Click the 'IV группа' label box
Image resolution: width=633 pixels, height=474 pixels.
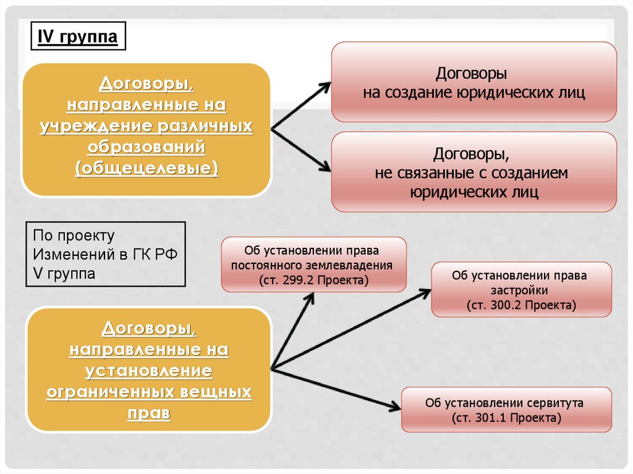tap(78, 37)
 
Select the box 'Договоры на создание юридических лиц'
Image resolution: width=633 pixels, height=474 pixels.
tap(474, 82)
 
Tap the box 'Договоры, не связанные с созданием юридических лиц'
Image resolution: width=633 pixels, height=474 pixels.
tap(474, 172)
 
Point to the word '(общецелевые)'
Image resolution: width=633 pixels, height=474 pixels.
tap(147, 169)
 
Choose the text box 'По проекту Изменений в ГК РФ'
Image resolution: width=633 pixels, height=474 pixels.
tap(106, 254)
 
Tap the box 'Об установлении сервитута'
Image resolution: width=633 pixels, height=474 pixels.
tap(506, 410)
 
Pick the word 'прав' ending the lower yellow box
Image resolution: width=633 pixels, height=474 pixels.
tap(148, 413)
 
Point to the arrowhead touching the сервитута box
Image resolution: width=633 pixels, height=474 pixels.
tap(394, 407)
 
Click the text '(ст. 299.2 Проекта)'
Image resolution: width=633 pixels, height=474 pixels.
tap(313, 280)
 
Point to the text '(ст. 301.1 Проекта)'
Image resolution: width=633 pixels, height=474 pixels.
tap(506, 418)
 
